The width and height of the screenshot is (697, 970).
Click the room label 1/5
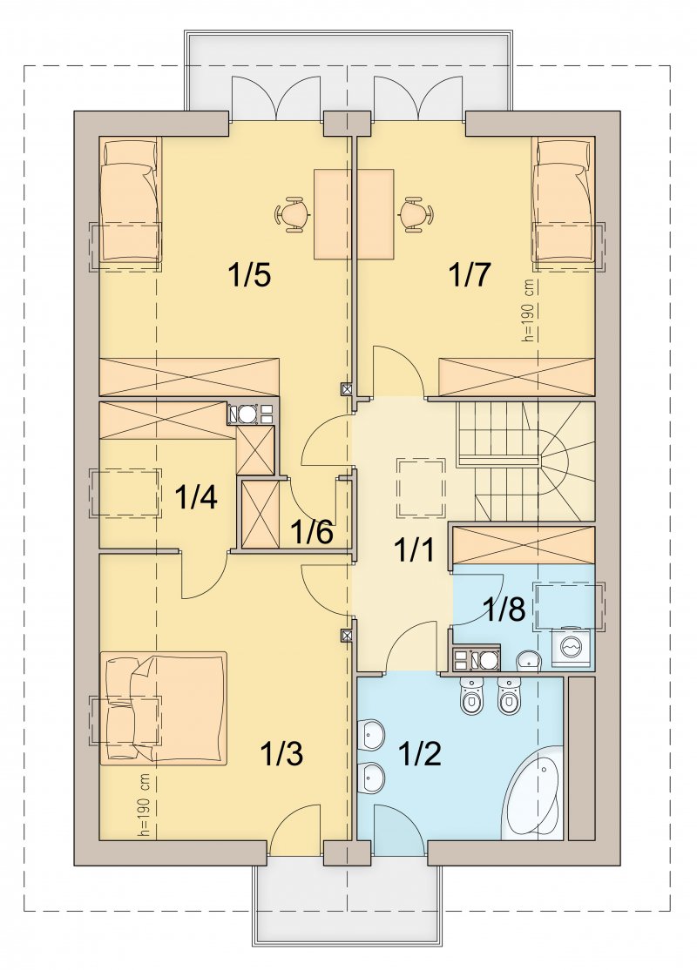tap(249, 274)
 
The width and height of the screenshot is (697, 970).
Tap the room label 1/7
tap(470, 274)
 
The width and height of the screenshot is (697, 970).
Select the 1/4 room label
tap(196, 497)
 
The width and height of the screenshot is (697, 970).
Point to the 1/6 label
tap(312, 531)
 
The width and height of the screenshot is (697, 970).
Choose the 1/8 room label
tap(504, 610)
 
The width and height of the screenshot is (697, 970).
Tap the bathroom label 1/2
tap(420, 754)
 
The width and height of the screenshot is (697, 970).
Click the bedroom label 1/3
tap(281, 754)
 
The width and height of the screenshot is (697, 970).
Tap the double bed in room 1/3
tap(164, 708)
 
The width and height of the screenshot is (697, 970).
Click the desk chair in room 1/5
tap(292, 214)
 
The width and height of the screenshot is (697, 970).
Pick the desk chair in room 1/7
tap(415, 214)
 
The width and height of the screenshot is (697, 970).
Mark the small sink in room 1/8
tap(529, 661)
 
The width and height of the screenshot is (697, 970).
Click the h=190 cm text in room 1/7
tap(528, 310)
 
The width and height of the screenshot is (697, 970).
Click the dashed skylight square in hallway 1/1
tap(421, 487)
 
